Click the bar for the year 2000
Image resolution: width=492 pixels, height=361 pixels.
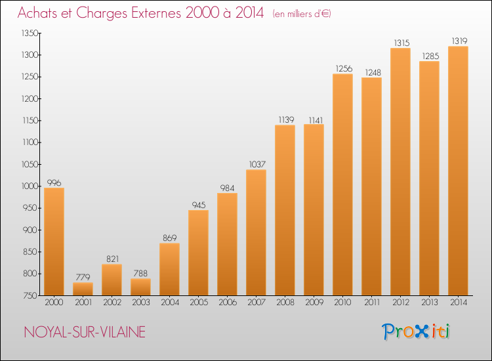pos(54,242)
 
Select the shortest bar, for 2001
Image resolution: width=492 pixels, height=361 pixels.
pos(83,289)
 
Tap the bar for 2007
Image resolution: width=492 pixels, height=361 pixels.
pos(256,232)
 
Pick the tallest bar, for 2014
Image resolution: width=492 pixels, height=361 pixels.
pos(458,171)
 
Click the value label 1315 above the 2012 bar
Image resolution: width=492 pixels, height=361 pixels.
pos(401,43)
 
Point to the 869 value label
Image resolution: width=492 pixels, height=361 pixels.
pos(169,238)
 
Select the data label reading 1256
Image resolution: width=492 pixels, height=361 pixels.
pos(344,69)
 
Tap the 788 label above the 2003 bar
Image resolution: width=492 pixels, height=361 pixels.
pos(140,274)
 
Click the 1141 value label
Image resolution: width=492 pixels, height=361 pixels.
pos(316,120)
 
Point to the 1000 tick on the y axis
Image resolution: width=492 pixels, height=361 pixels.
pos(30,186)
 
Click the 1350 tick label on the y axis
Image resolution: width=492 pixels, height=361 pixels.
pos(30,33)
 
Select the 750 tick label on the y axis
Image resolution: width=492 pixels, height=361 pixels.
pos(31,296)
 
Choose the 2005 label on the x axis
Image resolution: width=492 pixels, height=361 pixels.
pos(199,303)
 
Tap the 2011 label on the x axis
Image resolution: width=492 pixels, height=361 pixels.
pos(372,303)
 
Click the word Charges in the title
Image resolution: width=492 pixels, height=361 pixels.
pos(102,13)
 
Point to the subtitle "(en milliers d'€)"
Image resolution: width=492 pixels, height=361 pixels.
pos(302,14)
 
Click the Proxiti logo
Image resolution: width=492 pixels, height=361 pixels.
pos(416,331)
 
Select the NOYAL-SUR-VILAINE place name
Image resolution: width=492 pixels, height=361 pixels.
pos(85,332)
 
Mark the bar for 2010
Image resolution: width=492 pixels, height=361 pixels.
pos(342,184)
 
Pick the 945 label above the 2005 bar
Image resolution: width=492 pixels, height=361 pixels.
pos(199,205)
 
